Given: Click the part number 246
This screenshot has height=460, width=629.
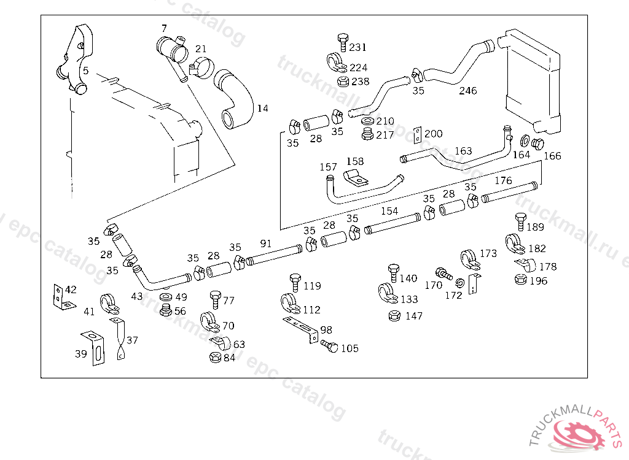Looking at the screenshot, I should (x=468, y=91).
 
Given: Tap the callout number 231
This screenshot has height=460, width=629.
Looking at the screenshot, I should (x=357, y=47).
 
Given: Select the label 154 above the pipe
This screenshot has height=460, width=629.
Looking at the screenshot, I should (x=389, y=211).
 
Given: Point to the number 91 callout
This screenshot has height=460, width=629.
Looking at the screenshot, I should (x=265, y=243).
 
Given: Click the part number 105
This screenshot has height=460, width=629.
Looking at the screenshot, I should (x=350, y=348).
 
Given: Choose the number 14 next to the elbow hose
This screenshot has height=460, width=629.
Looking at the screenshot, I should (x=262, y=109).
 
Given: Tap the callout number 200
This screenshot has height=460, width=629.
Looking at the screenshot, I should (x=433, y=134).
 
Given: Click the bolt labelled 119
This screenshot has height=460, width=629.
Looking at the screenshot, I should (x=295, y=283).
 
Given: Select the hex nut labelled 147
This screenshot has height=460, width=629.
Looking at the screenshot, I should (x=395, y=316).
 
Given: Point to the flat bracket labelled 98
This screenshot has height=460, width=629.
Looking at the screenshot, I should (x=301, y=328).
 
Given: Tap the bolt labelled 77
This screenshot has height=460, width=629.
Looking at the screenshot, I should (x=215, y=299).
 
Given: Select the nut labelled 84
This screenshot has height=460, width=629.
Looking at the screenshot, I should (x=215, y=357).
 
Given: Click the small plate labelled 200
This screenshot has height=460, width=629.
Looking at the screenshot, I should (x=418, y=135).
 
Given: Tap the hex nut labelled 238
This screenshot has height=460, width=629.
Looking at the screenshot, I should (x=344, y=82).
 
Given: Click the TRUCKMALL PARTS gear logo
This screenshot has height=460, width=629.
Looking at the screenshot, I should (x=578, y=432).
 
